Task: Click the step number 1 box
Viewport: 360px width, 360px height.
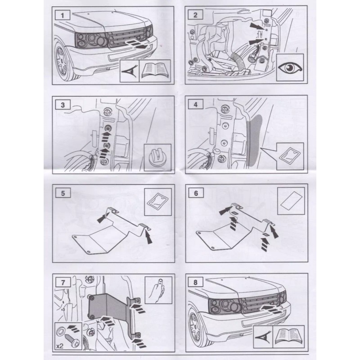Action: coord(63,15)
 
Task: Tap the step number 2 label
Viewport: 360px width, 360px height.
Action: coord(195,15)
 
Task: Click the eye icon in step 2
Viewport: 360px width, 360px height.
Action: coord(290,68)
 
